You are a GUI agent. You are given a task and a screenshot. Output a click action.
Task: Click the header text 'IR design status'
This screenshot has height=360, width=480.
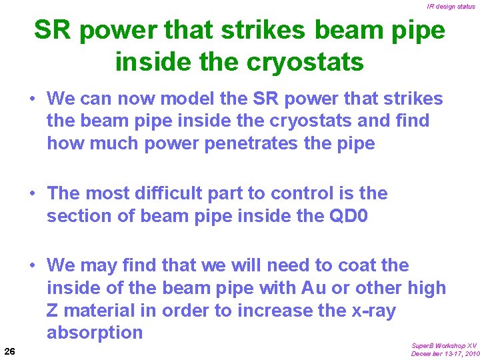point(451,7)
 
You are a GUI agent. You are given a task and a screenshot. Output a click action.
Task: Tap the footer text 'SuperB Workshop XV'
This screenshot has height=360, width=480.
point(444,345)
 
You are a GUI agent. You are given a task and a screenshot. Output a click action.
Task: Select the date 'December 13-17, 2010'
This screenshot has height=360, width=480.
point(443,354)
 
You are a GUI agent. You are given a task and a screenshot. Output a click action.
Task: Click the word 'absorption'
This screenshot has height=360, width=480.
point(95,332)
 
